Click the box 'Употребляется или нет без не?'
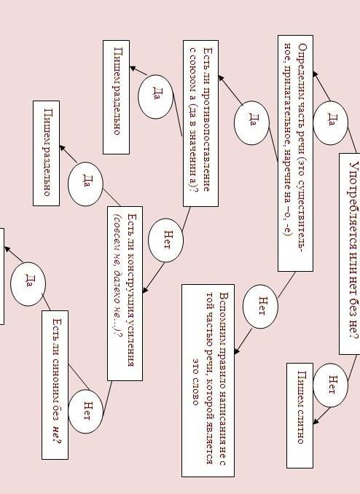350,254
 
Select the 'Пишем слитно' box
300,415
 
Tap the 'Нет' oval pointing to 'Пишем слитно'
330,385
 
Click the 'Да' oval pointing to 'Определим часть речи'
330,123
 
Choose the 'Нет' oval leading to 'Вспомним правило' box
260,307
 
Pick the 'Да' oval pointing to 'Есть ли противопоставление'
251,123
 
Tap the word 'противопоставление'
207,139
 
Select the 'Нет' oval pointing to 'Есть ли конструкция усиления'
166,240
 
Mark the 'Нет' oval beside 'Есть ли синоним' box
86,412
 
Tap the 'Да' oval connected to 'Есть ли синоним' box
28,284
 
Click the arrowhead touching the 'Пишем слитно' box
316,420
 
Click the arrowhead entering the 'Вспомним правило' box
238,350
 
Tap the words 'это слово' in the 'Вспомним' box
195,382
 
